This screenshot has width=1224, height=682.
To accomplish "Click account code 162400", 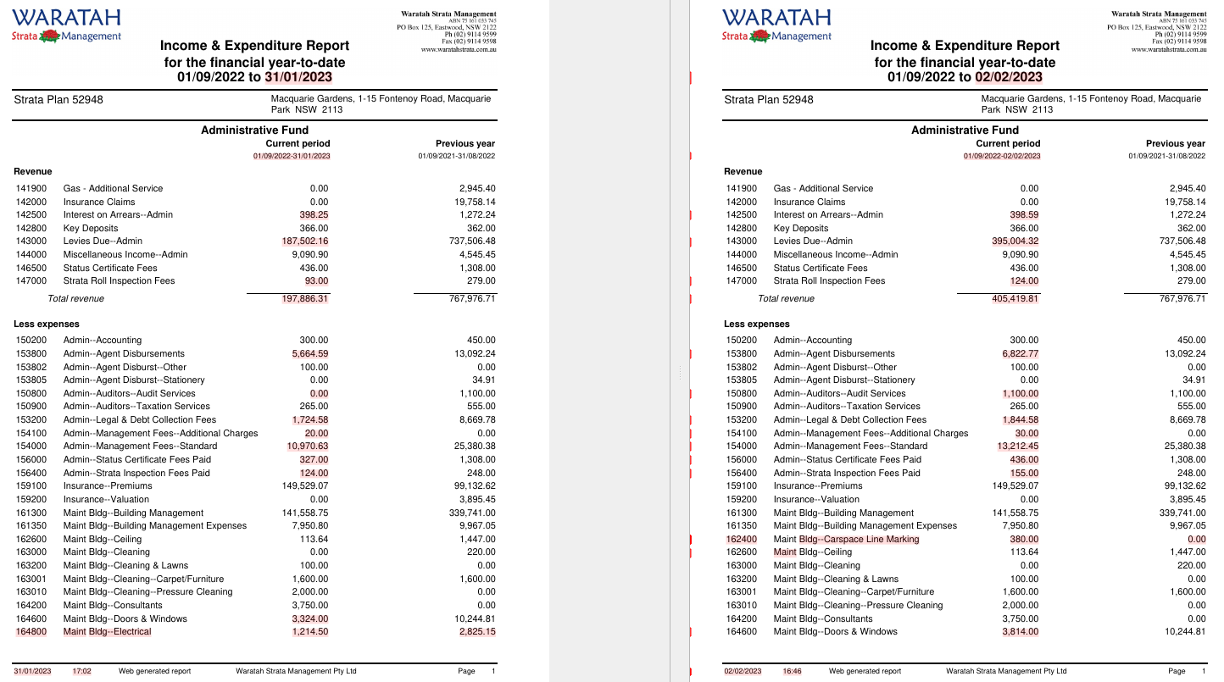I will (x=742, y=539).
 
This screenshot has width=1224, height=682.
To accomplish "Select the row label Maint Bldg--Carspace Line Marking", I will (x=846, y=539).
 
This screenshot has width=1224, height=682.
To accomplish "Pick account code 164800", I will (x=31, y=631).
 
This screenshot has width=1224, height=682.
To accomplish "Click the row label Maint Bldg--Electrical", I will (x=107, y=631).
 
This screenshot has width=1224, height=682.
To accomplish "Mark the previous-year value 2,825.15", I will (x=476, y=631).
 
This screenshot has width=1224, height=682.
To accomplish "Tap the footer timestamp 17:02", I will (x=82, y=671).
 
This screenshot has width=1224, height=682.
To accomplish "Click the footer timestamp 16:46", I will (x=792, y=671).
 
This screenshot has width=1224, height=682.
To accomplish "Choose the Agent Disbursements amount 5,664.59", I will (x=309, y=353).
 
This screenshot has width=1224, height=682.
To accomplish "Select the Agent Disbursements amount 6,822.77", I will (x=1020, y=353).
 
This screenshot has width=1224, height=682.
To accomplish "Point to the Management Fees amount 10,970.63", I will (x=307, y=446).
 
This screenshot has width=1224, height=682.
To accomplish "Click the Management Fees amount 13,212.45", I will (x=1017, y=446).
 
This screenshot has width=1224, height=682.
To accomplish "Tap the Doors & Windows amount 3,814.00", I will (x=1020, y=631).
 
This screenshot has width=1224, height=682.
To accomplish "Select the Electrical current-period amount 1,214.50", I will (x=309, y=631).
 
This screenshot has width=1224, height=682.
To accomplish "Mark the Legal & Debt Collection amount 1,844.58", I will (x=1020, y=419).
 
